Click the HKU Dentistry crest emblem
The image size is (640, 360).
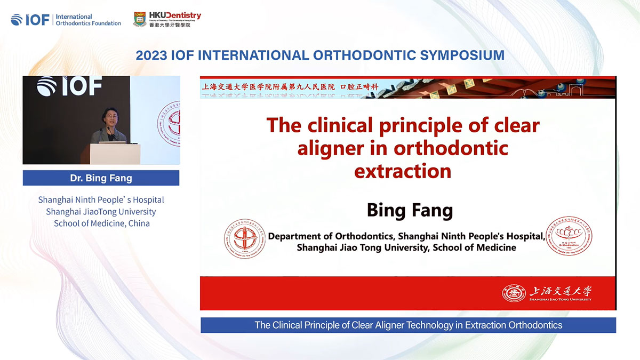(140, 19)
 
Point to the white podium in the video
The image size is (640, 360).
(115, 153)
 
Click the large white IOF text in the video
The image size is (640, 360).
(80, 87)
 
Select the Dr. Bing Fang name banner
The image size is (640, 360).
(101, 178)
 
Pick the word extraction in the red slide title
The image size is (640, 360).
(403, 171)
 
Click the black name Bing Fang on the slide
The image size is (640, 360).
(410, 210)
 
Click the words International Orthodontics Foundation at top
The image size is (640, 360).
(88, 20)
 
